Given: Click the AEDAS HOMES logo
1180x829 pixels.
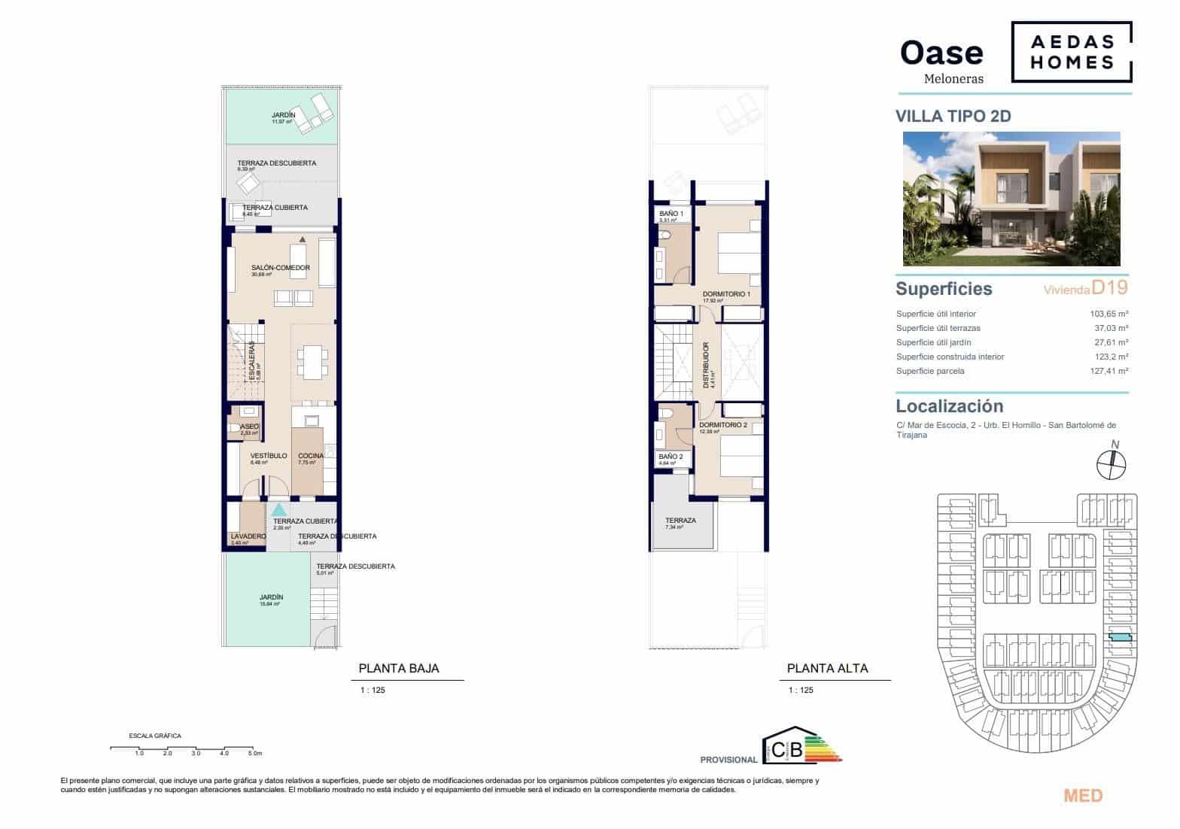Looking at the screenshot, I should (1070, 52).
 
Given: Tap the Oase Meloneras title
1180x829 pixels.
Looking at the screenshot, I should (941, 59).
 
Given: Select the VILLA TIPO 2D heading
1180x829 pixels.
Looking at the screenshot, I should (953, 116).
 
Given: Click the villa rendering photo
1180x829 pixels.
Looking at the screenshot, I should (1011, 199).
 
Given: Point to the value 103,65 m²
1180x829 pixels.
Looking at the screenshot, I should (1109, 314).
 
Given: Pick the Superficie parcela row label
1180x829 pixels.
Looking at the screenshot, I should (929, 371).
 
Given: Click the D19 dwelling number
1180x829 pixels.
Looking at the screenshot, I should (1109, 287).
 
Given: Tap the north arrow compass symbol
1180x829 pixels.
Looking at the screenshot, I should (1112, 464).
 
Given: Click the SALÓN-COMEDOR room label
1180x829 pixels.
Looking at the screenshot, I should (280, 268).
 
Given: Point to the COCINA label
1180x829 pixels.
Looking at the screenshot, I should (311, 456).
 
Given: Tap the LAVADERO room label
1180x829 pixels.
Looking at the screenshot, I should (248, 536).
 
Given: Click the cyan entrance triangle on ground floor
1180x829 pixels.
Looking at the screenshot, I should (278, 509).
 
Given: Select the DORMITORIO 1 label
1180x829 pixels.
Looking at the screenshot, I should (726, 294).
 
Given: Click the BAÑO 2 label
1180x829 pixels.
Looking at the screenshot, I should (670, 457).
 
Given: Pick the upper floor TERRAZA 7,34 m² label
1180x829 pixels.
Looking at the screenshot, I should (680, 521).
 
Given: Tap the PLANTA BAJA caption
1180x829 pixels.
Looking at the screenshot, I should (398, 668).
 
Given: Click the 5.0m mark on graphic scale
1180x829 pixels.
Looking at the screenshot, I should (254, 752).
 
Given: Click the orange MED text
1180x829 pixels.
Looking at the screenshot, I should (1083, 796).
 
